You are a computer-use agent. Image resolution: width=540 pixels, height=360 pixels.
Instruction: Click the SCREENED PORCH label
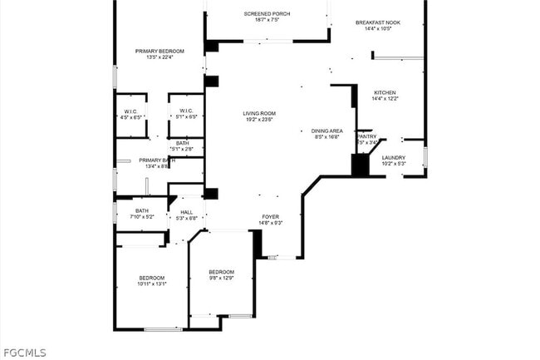click(267, 13)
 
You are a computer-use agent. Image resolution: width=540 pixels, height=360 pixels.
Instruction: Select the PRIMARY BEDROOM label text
click(160, 51)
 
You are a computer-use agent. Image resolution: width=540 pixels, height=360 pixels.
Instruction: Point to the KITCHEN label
click(385, 92)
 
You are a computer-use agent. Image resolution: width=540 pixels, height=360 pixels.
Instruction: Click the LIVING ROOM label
click(259, 113)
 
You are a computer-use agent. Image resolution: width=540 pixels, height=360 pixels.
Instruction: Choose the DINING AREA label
click(327, 131)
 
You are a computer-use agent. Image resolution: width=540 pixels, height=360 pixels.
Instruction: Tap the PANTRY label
click(367, 136)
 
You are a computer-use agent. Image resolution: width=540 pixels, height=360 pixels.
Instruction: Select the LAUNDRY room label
click(394, 157)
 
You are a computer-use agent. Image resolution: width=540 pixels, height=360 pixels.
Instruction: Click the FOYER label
click(271, 216)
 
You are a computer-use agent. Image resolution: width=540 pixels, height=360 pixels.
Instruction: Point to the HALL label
click(187, 211)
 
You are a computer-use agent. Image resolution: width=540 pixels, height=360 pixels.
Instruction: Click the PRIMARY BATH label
click(157, 160)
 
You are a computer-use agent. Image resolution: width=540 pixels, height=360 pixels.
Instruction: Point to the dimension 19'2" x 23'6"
click(259, 120)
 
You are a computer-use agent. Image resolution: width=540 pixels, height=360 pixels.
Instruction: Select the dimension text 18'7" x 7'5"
click(267, 20)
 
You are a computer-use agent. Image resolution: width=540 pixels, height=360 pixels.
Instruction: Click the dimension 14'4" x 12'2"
click(385, 99)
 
